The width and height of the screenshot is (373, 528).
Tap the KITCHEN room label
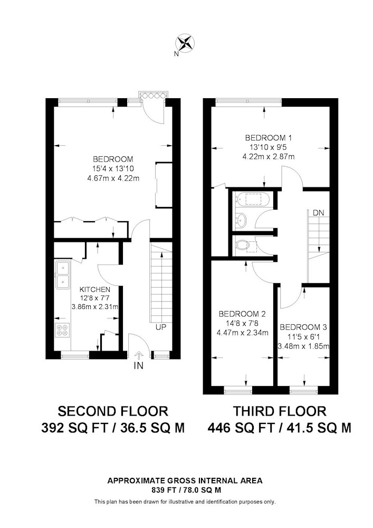click(x=95, y=289)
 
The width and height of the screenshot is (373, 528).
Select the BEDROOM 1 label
click(x=269, y=138)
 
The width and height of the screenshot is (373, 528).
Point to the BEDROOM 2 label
click(x=242, y=314)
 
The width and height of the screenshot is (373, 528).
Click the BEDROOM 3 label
click(x=303, y=327)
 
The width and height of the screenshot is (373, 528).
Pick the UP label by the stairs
click(x=161, y=327)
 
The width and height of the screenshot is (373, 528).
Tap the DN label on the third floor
click(x=318, y=213)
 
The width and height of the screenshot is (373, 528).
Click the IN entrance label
click(x=138, y=366)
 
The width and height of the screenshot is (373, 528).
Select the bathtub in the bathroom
click(x=252, y=200)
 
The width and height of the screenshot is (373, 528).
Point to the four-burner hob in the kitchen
click(x=62, y=330)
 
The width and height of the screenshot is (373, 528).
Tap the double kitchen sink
click(x=63, y=275)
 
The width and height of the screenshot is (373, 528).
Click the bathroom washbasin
click(x=241, y=220)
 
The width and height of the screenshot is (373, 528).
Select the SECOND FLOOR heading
click(x=113, y=411)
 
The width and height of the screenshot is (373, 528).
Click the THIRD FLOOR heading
click(x=280, y=411)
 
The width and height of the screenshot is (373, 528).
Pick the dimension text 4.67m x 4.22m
click(x=113, y=178)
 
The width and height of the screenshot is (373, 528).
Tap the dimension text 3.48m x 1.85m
click(x=303, y=346)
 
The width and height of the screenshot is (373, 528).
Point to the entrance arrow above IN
click(x=138, y=355)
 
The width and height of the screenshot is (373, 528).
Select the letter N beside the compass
click(x=176, y=53)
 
